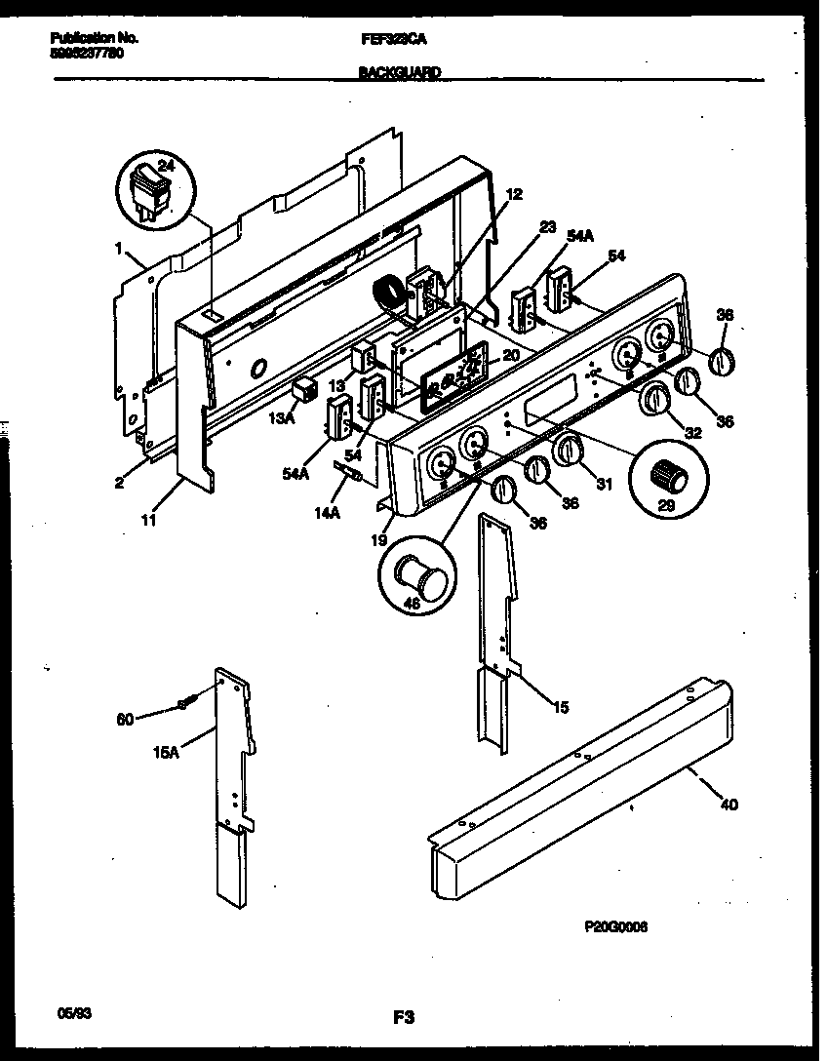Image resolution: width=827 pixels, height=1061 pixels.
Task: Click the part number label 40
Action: pos(729,805)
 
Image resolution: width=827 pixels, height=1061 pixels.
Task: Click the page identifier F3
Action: pos(404,1018)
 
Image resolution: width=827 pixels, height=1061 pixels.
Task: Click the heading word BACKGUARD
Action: pos(399,72)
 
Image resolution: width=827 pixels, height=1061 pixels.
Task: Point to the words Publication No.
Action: pos(94,38)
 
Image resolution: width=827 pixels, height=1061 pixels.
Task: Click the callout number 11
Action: pos(148,521)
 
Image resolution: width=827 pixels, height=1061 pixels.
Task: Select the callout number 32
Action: pos(692,432)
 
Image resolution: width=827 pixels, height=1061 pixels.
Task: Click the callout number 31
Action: pos(604,485)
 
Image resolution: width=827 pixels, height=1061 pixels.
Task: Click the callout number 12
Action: pos(514,194)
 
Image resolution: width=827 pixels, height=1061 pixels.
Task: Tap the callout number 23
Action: pos(547,227)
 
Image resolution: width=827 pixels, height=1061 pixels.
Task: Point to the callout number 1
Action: pos(118,249)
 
